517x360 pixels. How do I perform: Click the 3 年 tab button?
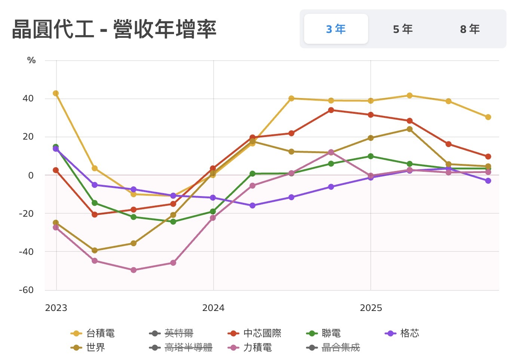[x=336, y=29]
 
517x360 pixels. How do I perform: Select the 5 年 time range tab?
[x=403, y=29]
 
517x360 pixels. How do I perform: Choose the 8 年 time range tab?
[x=469, y=29]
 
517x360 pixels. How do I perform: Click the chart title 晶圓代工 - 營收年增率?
[x=114, y=29]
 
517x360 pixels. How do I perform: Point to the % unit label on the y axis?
[x=31, y=60]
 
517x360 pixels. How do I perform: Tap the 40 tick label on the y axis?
[x=28, y=98]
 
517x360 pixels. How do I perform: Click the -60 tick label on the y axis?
[x=26, y=290]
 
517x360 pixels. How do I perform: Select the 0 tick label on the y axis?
[x=31, y=175]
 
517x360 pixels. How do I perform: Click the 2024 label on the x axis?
[x=213, y=308]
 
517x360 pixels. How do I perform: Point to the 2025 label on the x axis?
[x=371, y=308]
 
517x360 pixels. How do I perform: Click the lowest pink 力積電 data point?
[x=134, y=270]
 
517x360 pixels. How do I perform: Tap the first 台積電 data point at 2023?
[x=56, y=93]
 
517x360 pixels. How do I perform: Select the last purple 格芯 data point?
[x=488, y=181]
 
